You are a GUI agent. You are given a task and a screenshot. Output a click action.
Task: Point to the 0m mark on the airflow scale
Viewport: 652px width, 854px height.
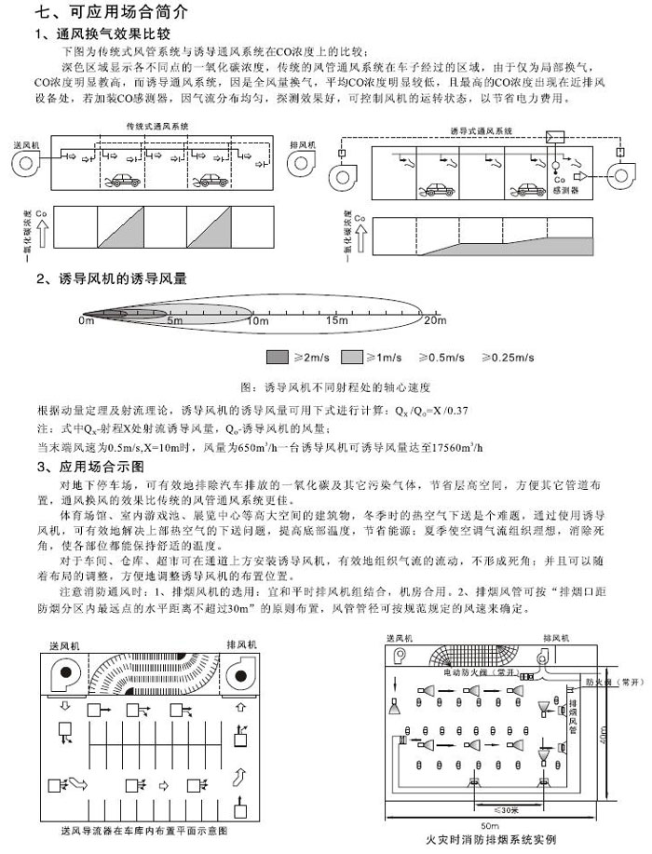click(x=87, y=320)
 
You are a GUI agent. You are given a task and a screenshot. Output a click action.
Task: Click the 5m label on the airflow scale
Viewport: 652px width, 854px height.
click(x=174, y=320)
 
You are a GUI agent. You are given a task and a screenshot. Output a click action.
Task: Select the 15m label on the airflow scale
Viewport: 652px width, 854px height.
click(x=336, y=320)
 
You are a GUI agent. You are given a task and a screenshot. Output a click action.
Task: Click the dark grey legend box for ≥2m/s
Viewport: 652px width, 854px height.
click(x=278, y=357)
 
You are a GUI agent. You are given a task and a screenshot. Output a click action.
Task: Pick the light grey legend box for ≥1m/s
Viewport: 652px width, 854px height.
click(x=352, y=357)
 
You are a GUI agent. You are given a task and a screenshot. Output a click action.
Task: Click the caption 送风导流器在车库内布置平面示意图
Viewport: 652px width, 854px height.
click(x=143, y=829)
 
